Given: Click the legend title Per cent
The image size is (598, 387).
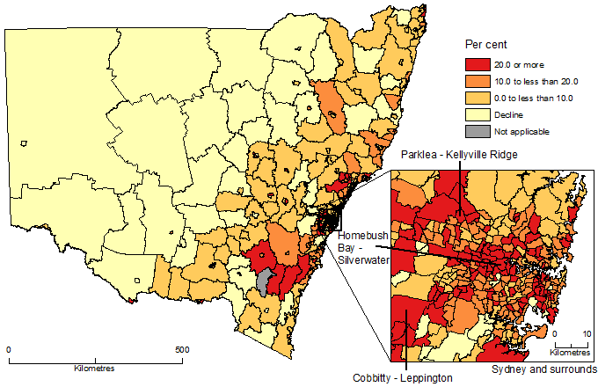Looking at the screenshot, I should (x=485, y=44).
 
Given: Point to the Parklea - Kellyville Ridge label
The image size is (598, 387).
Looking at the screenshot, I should (x=458, y=155).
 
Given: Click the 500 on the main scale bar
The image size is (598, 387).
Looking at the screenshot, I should (x=181, y=350).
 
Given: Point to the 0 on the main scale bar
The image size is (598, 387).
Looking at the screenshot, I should (x=9, y=350).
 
